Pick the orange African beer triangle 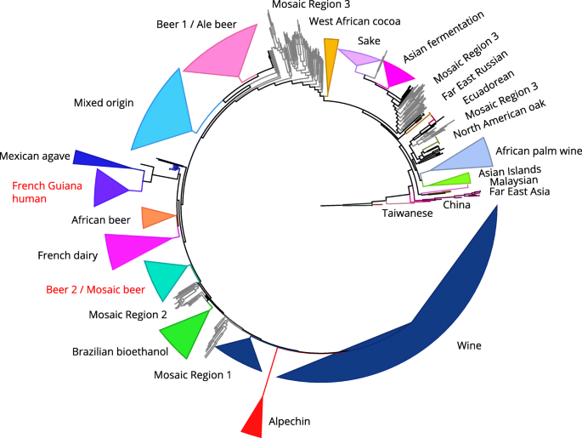coord(157,218)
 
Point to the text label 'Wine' coord(469,346)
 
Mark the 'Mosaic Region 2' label coord(127,315)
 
